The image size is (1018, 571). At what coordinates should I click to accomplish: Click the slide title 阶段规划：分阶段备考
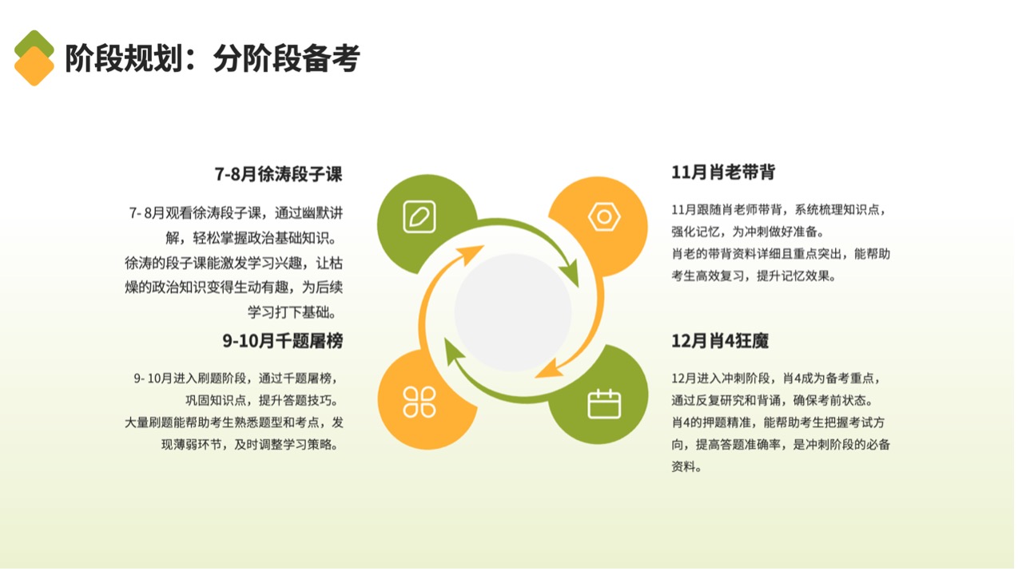213,58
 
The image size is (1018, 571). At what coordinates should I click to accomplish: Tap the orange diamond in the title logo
34,66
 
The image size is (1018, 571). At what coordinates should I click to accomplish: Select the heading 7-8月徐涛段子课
278,174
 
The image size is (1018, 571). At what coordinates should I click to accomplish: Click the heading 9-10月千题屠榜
282,341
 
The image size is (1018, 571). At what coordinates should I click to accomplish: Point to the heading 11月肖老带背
723,172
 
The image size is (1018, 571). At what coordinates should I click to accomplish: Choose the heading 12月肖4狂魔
720,341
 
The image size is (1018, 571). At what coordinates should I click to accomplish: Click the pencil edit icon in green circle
420,216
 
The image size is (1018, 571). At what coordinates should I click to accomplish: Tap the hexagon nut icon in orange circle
604,216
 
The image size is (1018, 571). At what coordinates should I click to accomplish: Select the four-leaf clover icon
420,402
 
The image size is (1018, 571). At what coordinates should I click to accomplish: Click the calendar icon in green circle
604,403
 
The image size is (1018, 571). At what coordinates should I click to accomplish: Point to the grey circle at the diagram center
513,312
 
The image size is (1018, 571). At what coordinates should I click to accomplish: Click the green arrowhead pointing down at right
570,273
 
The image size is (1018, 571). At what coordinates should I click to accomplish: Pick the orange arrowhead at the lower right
550,369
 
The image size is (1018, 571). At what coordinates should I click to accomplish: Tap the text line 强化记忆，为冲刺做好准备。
748,232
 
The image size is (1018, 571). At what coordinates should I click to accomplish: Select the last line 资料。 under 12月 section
686,466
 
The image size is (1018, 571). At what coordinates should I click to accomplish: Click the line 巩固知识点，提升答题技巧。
262,401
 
